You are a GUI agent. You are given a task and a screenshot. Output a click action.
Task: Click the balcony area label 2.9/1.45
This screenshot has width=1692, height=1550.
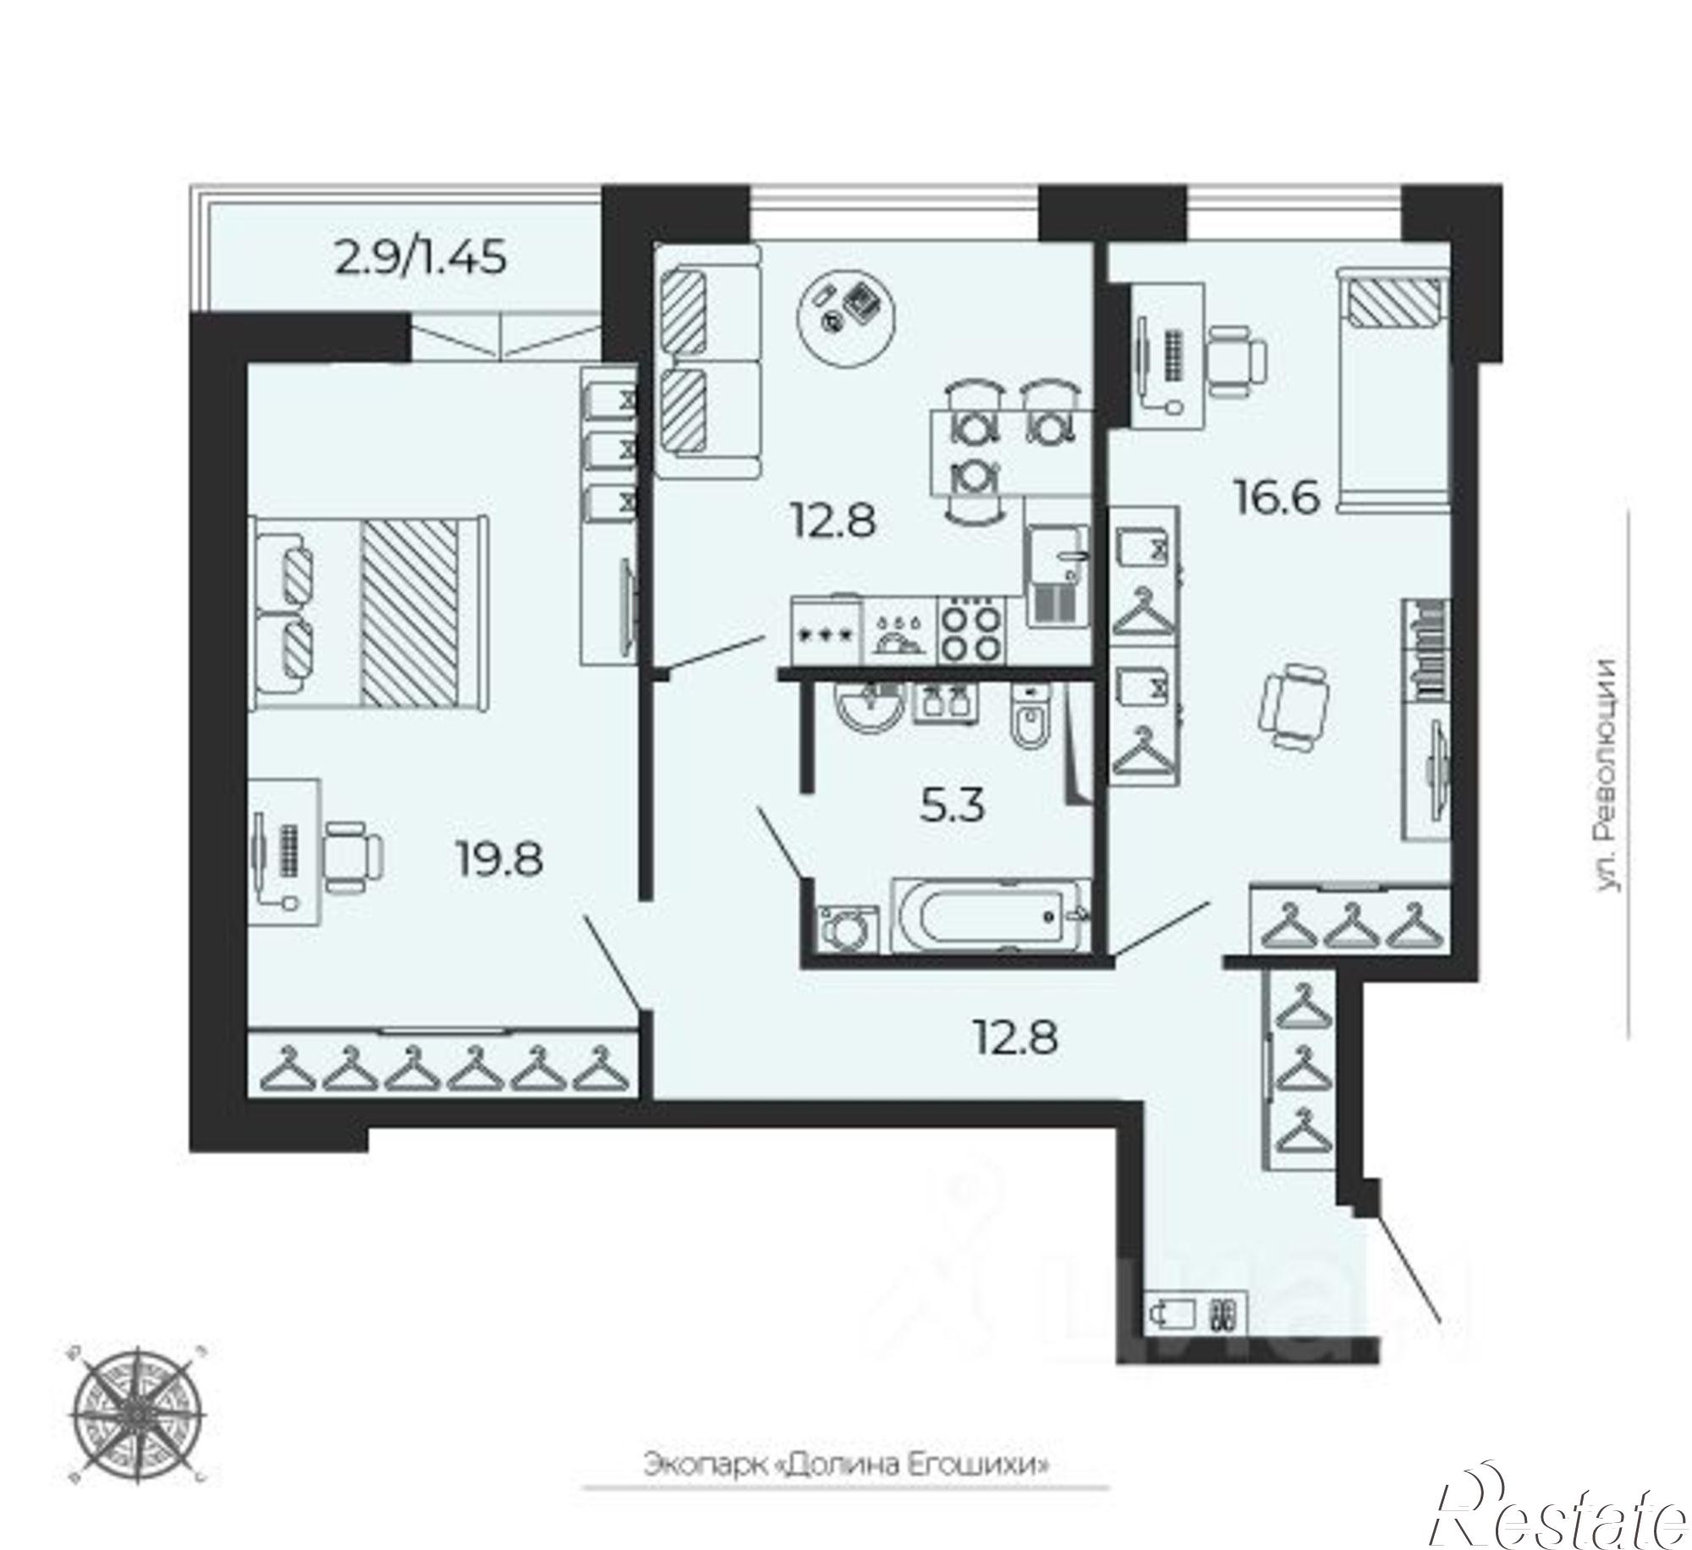click(x=420, y=257)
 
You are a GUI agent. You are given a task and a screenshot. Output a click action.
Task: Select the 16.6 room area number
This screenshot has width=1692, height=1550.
click(x=1277, y=498)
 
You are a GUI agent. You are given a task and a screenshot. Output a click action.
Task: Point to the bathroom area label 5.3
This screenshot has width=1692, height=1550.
click(x=953, y=805)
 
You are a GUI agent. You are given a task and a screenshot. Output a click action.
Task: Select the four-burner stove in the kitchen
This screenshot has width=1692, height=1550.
click(x=972, y=629)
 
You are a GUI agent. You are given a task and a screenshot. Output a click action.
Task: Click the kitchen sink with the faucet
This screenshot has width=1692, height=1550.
click(x=1057, y=575)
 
